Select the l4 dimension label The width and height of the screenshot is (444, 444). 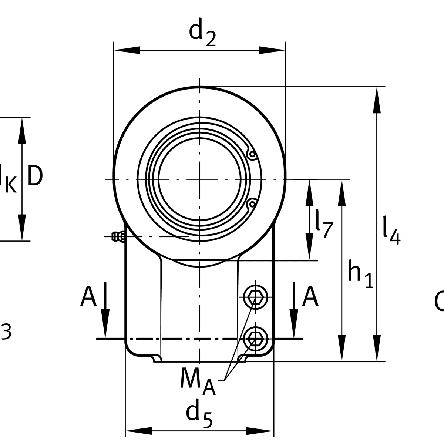391,231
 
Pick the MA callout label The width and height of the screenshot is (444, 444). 198,381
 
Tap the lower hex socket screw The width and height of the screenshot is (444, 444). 255,337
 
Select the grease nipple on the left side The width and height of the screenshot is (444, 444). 117,236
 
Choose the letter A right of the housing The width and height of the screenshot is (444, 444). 310,297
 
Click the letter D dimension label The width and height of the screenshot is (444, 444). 35,176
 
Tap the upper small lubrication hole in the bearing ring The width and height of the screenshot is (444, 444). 252,154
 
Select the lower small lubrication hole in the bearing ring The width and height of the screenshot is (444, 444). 252,204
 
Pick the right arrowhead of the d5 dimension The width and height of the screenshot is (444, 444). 261,431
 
